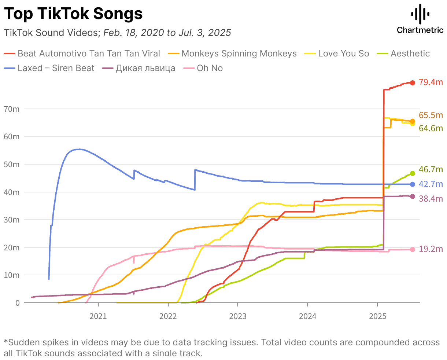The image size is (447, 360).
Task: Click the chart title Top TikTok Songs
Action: [73, 14]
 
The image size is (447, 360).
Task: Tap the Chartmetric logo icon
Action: [420, 14]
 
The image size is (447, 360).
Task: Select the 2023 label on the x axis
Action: [238, 316]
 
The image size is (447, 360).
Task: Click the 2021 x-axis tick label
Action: [98, 316]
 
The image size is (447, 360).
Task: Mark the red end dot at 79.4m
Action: [413, 83]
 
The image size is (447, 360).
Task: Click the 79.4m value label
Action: [431, 82]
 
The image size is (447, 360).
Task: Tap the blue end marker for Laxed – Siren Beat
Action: [413, 184]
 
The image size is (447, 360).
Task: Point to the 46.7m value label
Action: [431, 169]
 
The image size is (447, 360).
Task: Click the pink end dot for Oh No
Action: [413, 250]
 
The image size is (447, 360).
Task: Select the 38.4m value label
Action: [431, 199]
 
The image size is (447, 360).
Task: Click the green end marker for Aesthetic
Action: [413, 173]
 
